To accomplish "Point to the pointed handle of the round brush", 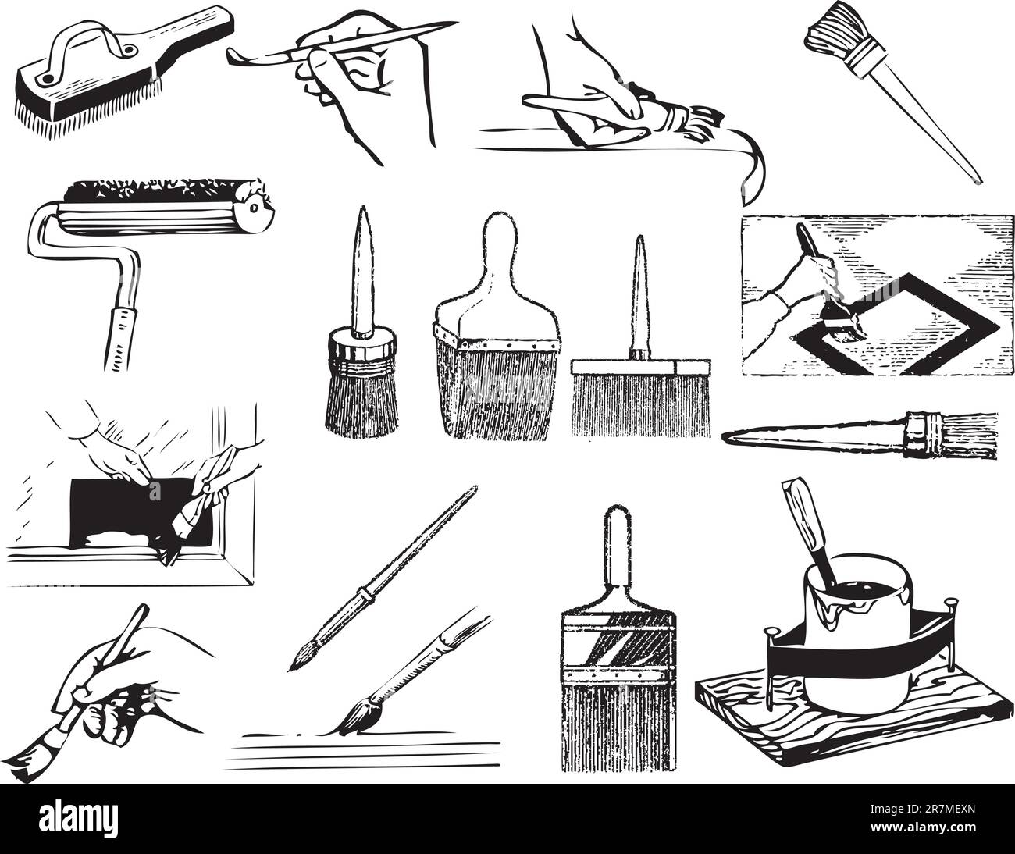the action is tap(362, 272).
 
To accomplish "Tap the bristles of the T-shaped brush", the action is tap(641, 405).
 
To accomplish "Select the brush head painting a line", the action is tap(361, 716).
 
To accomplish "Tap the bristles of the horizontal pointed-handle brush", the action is tap(968, 435).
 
